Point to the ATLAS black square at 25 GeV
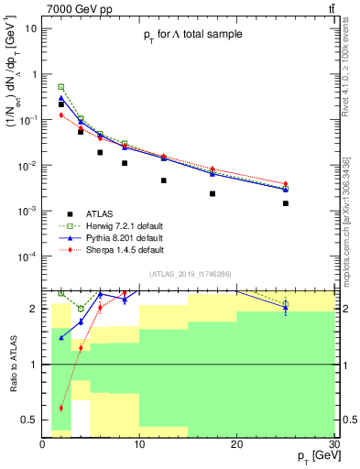pos(286,203)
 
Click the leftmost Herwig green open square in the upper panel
pos(61,87)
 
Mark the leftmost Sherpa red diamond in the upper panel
pos(61,115)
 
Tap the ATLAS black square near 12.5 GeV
pos(164,180)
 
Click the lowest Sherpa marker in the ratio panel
pos(61,408)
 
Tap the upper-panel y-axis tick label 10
pos(30,28)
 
